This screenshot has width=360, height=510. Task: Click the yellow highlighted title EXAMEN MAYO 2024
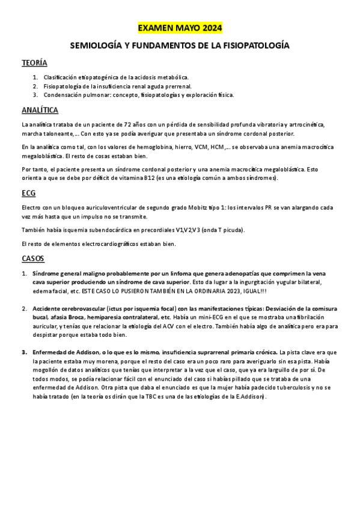(x=180, y=28)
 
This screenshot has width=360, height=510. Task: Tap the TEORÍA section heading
(x=34, y=63)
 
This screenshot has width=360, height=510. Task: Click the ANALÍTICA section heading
(x=40, y=110)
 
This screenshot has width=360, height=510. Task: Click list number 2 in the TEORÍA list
(x=36, y=86)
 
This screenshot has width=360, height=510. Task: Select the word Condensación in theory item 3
(x=63, y=94)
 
